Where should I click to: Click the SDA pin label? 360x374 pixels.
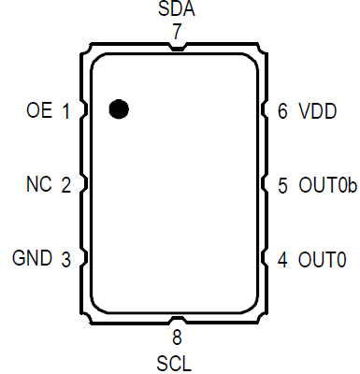[x=177, y=9]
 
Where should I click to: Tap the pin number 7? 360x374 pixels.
[x=177, y=32]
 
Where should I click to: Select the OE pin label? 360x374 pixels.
[x=39, y=110]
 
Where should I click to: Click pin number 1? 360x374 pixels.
[x=65, y=111]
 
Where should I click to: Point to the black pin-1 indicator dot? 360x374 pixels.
[x=119, y=109]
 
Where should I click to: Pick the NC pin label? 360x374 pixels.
[x=39, y=184]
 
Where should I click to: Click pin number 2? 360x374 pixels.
[x=66, y=185]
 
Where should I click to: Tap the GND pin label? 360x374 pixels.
[x=32, y=258]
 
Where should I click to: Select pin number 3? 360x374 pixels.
[x=66, y=259]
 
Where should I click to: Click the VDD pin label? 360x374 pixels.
[x=318, y=111]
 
